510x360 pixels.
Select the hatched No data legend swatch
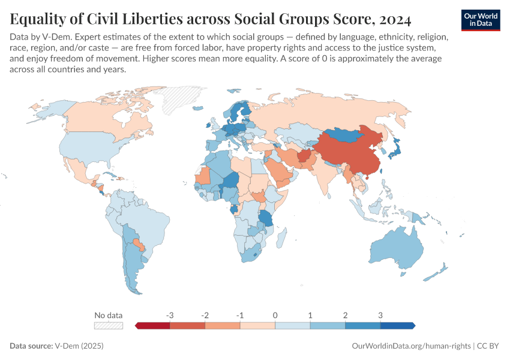(x=109, y=325)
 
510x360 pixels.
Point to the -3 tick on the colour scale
(x=170, y=316)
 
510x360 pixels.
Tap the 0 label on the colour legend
(x=275, y=316)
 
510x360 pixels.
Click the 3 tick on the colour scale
(x=380, y=316)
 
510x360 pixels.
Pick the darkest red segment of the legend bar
(x=153, y=325)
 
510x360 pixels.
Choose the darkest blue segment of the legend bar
(x=397, y=325)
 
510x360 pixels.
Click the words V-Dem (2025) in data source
(x=79, y=346)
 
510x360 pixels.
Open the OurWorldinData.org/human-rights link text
(x=410, y=346)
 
